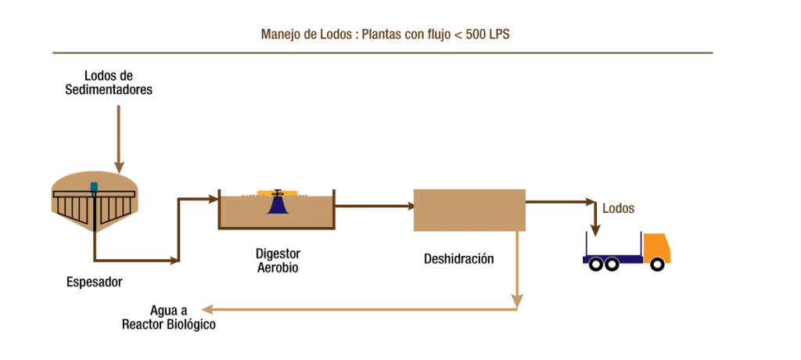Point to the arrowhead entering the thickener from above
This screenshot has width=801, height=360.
point(118,167)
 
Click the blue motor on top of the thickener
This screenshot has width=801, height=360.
point(95,188)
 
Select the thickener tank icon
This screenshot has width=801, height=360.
point(95,205)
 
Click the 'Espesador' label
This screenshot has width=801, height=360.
point(95,281)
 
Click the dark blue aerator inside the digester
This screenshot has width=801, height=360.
point(277,203)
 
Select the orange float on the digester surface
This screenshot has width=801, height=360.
point(277,193)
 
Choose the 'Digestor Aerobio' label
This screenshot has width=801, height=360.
point(278,261)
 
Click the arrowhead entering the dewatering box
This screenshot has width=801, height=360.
point(409,207)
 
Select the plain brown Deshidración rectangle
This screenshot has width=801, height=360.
point(469,210)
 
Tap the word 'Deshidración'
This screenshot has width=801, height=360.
point(459,259)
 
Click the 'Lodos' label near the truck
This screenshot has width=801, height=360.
point(618,209)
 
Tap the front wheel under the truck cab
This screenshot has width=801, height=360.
point(657,265)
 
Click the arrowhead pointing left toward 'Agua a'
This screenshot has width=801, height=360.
point(205,308)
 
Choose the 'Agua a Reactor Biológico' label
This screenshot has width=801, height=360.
point(169,317)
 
